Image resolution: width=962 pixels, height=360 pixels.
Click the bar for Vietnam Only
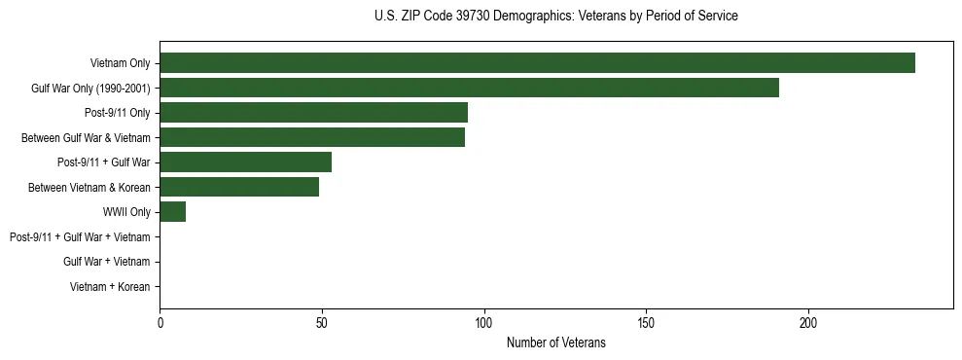(537, 63)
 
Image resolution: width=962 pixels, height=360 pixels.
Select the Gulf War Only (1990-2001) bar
(469, 88)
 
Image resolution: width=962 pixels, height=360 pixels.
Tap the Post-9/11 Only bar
(313, 113)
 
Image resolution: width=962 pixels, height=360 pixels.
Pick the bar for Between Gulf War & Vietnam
(312, 137)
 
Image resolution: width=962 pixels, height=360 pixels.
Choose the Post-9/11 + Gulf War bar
(245, 162)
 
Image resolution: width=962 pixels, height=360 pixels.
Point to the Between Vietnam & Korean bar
(239, 187)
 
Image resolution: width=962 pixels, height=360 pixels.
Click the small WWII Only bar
(172, 211)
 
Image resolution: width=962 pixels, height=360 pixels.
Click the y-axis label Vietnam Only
(120, 63)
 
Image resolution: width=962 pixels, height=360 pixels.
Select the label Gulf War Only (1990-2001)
(90, 89)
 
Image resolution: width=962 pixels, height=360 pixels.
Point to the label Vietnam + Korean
(110, 287)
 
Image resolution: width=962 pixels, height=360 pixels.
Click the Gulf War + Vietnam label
(107, 262)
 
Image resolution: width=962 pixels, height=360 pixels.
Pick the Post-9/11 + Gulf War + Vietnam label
(80, 237)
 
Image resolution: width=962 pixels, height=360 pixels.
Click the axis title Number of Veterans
(555, 342)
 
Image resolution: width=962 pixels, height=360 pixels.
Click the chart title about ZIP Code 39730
(555, 17)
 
